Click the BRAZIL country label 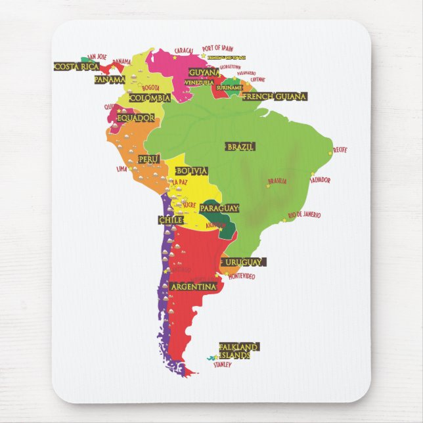[x=240, y=146]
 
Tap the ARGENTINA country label [x=193, y=287]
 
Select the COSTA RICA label [x=76, y=66]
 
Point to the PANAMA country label [x=110, y=79]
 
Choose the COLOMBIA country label [x=150, y=98]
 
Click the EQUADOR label [x=135, y=118]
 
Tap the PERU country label [x=149, y=159]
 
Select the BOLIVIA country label [x=192, y=171]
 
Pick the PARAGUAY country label [x=219, y=208]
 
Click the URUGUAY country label [x=243, y=262]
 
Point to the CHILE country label [x=170, y=220]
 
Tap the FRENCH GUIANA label [x=275, y=97]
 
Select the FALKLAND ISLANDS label [x=239, y=351]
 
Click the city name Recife [x=340, y=150]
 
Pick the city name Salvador [x=320, y=180]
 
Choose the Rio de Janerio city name [x=304, y=215]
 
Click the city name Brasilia [x=277, y=181]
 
